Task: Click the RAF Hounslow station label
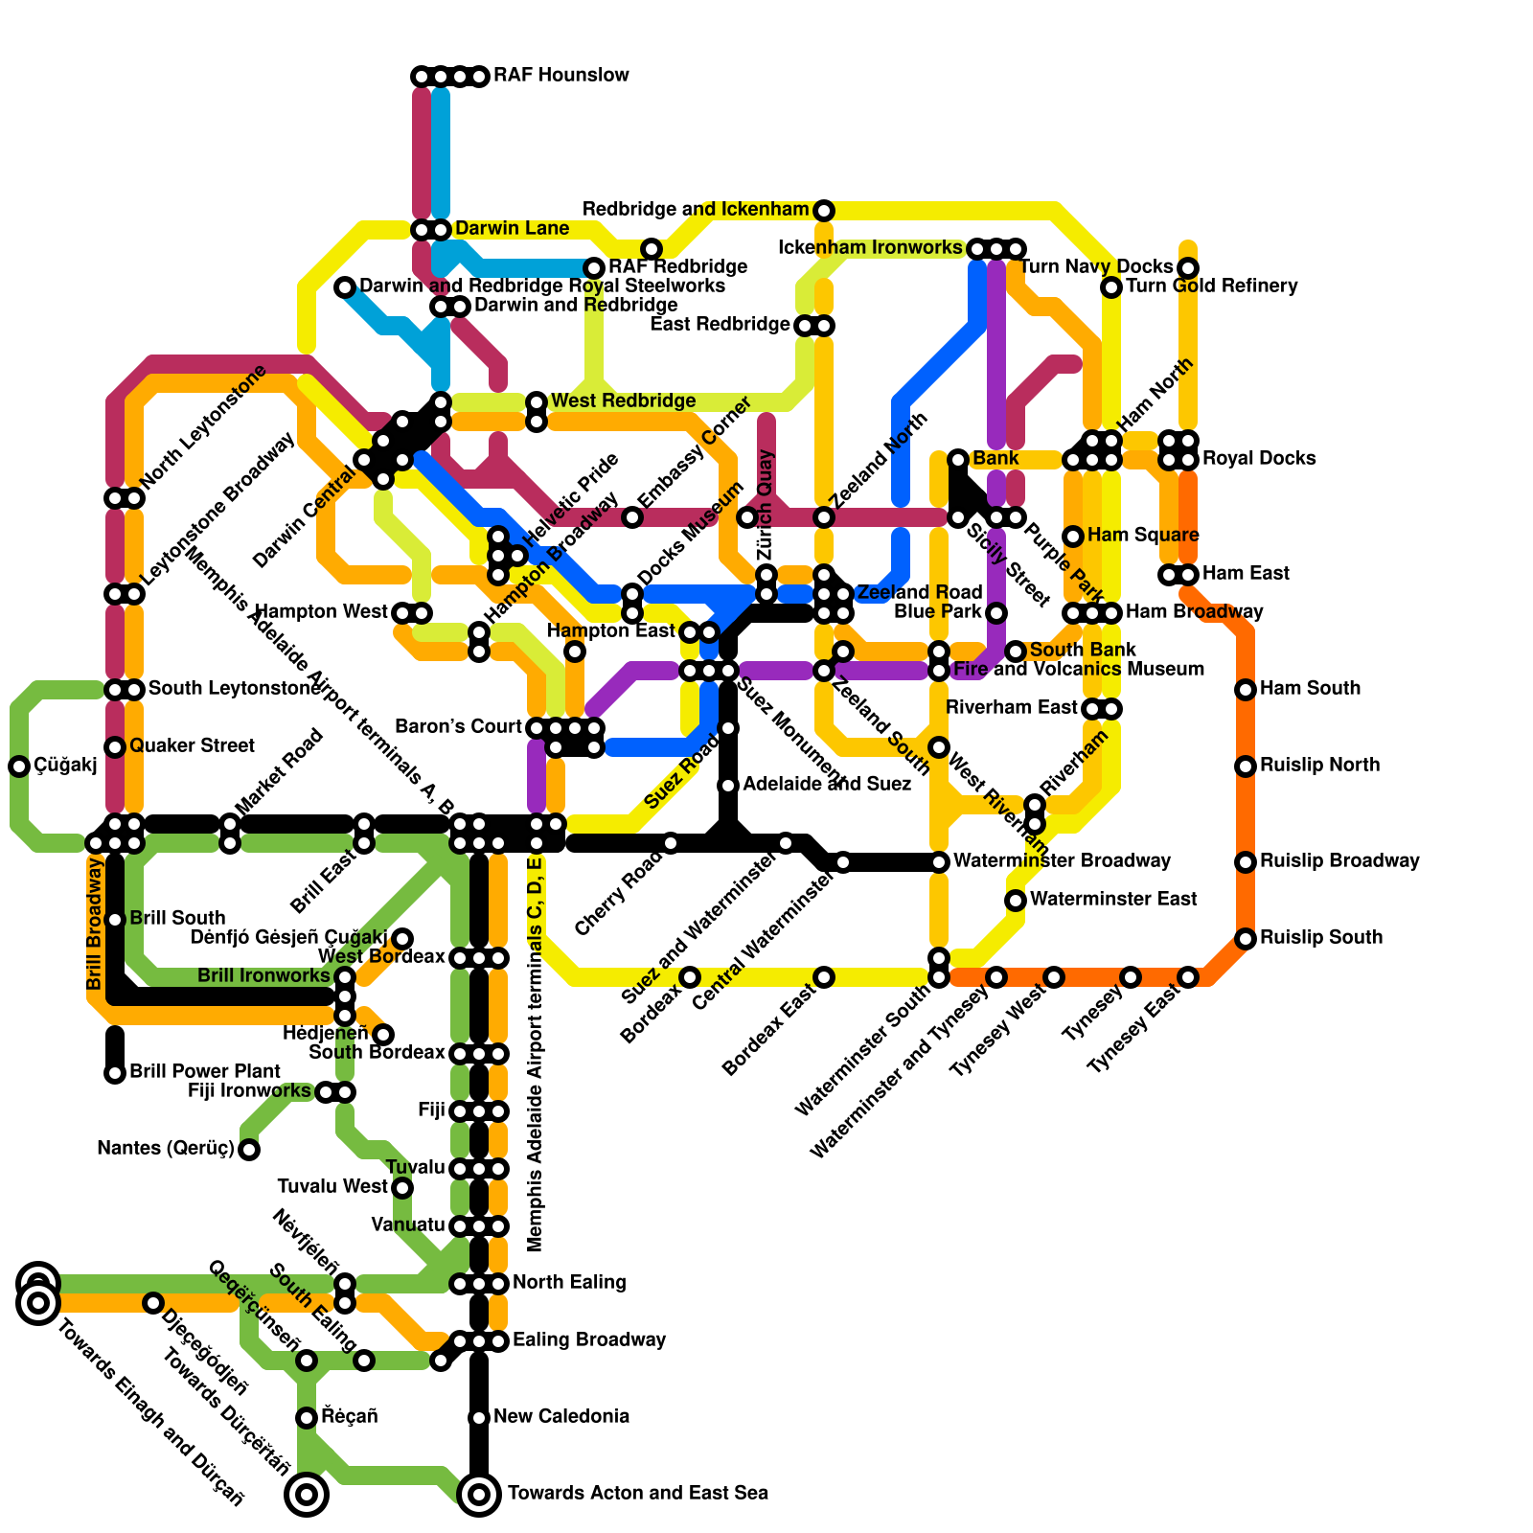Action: tap(561, 76)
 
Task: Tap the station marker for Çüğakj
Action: tap(19, 766)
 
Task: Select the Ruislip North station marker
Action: tap(1246, 766)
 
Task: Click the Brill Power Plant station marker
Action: tap(115, 1073)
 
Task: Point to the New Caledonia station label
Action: tap(561, 1417)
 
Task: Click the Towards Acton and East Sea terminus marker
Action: tap(479, 1494)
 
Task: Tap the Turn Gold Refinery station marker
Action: tap(1111, 287)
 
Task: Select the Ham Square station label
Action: tap(1143, 536)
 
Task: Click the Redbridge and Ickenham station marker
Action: tap(824, 211)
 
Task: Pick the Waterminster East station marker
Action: tap(1016, 901)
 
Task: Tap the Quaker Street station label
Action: tap(192, 746)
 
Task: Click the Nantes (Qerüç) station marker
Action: tap(249, 1150)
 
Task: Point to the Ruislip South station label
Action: tap(1321, 938)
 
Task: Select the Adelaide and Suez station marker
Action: tap(728, 786)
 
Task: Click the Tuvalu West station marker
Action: tap(402, 1188)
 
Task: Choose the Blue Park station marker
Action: tap(996, 613)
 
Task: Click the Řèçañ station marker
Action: tap(307, 1418)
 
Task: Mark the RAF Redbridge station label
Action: tap(677, 267)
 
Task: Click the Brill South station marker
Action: tap(115, 920)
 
